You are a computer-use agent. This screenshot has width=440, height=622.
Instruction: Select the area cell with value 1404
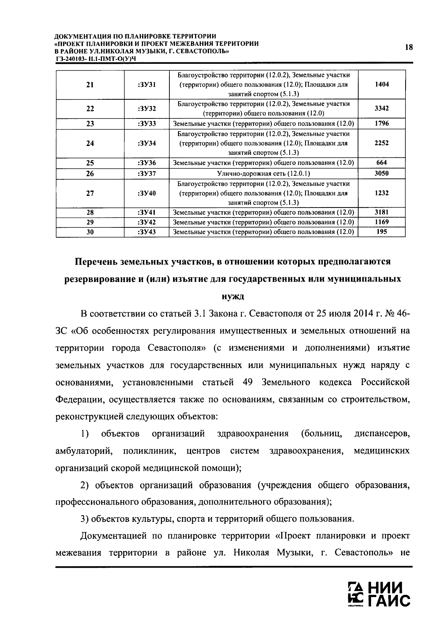tap(382, 84)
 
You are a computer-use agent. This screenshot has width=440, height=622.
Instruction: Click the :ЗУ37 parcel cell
tap(147, 173)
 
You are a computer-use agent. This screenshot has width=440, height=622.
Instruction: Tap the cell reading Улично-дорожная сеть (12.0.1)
tap(263, 173)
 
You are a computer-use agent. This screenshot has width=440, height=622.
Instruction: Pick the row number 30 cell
tap(90, 232)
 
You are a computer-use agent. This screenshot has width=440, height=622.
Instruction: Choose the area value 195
tap(382, 231)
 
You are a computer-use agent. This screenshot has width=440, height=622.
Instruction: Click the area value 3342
tap(382, 109)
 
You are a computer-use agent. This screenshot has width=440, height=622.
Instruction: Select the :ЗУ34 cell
tap(147, 143)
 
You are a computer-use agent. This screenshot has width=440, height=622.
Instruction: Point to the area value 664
tap(382, 162)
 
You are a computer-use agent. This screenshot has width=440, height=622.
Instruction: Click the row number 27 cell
tap(90, 193)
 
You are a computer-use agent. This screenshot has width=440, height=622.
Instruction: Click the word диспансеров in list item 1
tap(382, 434)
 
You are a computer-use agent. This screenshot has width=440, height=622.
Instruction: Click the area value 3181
tap(382, 212)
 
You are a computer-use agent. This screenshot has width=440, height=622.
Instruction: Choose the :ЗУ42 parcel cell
tap(147, 222)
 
